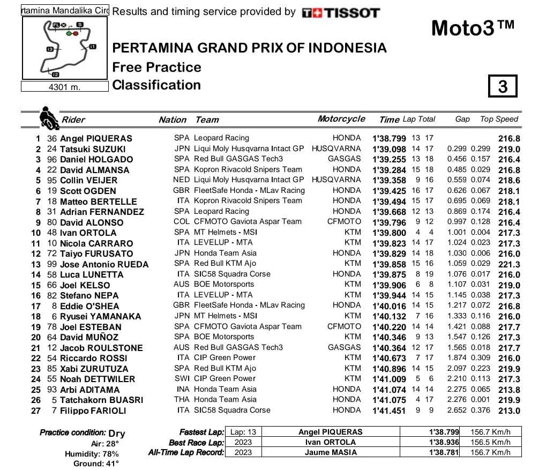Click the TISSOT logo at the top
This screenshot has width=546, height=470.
pos(341,12)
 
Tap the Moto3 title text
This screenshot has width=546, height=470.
pos(473,28)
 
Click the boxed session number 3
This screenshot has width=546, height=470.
pos(503,86)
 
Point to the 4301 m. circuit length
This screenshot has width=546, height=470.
pos(65,87)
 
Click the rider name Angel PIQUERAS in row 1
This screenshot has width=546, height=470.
pos(96,138)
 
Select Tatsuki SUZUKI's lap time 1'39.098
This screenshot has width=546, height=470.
pos(389,149)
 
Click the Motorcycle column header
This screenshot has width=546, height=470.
pos(341,119)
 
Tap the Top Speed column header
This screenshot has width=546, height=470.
pos(499,119)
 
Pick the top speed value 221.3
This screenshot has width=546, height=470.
pos(509,264)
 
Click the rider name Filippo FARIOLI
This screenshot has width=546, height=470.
pos(93,411)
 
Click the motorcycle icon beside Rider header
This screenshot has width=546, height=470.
pos(48,118)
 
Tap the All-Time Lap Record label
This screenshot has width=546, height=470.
pos(186,452)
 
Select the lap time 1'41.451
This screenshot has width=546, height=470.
pos(389,411)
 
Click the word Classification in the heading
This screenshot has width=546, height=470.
pos(156,85)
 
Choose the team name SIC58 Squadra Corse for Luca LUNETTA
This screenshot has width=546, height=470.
pos(232,274)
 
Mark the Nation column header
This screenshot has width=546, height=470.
pos(173,120)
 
